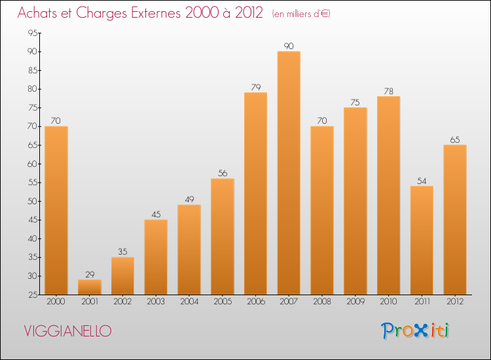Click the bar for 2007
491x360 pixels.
pyautogui.click(x=289, y=173)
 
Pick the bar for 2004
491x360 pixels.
pyautogui.click(x=189, y=249)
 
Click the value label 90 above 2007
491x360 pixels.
pyautogui.click(x=289, y=46)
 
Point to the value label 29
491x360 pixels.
pyautogui.click(x=90, y=274)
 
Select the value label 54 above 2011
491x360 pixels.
pyautogui.click(x=422, y=181)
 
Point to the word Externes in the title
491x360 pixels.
pyautogui.click(x=147, y=13)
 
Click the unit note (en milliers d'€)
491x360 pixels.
pyautogui.click(x=300, y=14)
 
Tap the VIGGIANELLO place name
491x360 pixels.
pyautogui.click(x=67, y=331)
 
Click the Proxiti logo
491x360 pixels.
pyautogui.click(x=416, y=330)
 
